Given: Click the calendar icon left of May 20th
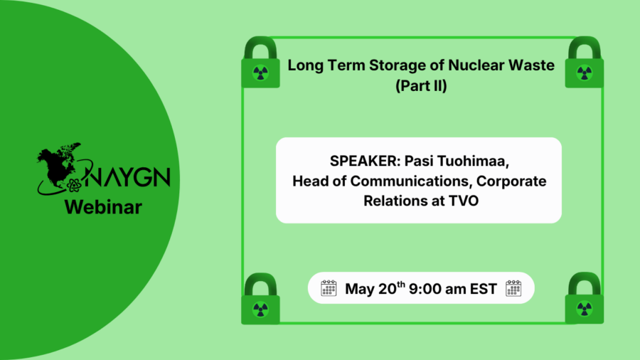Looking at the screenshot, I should click(x=329, y=288).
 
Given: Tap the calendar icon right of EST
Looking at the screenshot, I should click(x=513, y=288).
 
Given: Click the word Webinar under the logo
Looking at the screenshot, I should click(x=103, y=208).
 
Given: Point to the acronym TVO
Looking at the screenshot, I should click(x=463, y=201).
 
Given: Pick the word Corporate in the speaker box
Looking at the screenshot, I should click(x=516, y=181).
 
